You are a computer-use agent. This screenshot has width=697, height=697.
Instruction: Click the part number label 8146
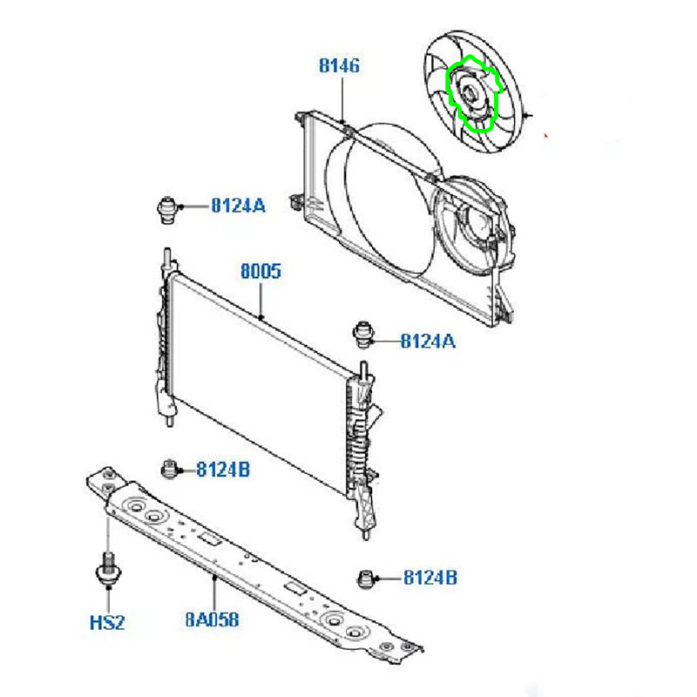pyautogui.click(x=339, y=66)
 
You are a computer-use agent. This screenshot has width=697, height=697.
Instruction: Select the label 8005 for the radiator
pyautogui.click(x=261, y=271)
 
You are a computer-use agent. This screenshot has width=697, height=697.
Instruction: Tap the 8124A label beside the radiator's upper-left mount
pyautogui.click(x=238, y=206)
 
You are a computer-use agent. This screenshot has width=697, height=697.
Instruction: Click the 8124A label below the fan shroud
pyautogui.click(x=428, y=342)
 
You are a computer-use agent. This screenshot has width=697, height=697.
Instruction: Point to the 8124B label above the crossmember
pyautogui.click(x=223, y=470)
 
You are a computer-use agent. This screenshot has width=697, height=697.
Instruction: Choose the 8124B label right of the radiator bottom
pyautogui.click(x=430, y=578)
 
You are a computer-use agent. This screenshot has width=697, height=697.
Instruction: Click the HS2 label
pyautogui.click(x=107, y=623)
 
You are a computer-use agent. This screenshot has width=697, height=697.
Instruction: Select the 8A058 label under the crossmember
pyautogui.click(x=212, y=619)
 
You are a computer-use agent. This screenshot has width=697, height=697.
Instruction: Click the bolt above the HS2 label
pyautogui.click(x=108, y=570)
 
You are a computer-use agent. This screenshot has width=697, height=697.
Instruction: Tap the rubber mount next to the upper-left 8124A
pyautogui.click(x=167, y=210)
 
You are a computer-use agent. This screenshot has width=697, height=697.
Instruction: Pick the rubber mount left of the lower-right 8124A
pyautogui.click(x=363, y=335)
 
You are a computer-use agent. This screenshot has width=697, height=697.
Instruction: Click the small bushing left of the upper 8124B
pyautogui.click(x=169, y=470)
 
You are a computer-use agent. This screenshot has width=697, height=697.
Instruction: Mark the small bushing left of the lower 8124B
pyautogui.click(x=366, y=579)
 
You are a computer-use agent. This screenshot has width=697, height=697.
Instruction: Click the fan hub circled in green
pyautogui.click(x=470, y=94)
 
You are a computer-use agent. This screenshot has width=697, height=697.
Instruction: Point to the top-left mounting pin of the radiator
pyautogui.click(x=167, y=256)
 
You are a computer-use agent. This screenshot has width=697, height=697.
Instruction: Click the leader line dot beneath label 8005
pyautogui.click(x=261, y=317)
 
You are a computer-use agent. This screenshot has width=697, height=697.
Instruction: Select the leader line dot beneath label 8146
pyautogui.click(x=342, y=121)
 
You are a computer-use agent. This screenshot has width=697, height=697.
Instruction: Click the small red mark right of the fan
pyautogui.click(x=546, y=136)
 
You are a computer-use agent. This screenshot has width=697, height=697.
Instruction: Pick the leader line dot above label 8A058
pyautogui.click(x=214, y=578)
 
